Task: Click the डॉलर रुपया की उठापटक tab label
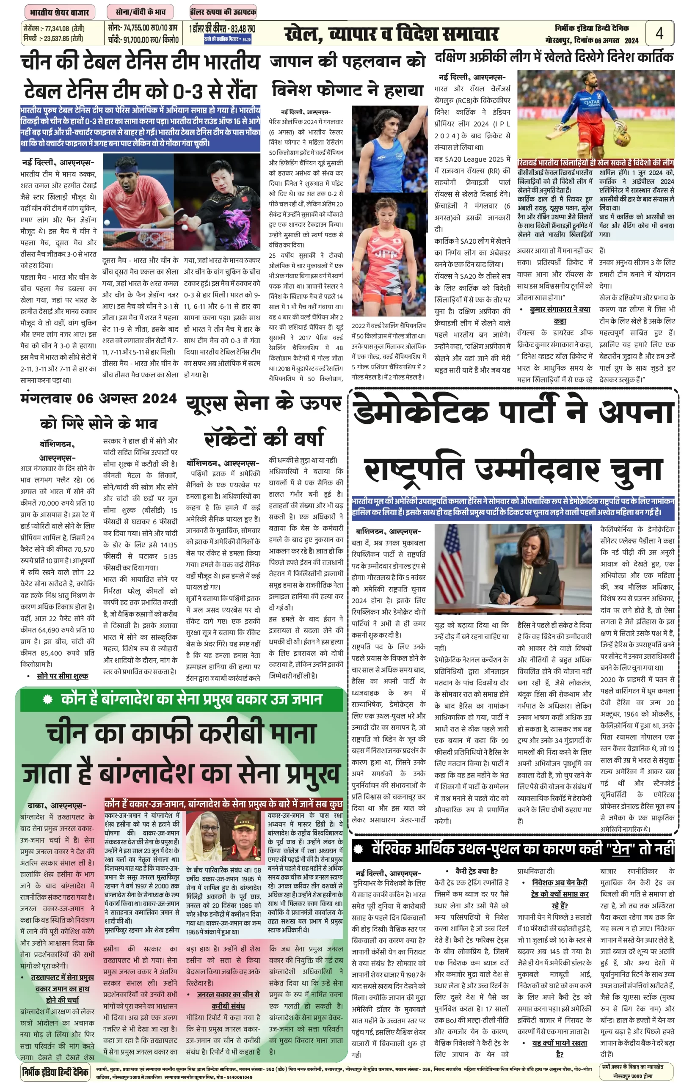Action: point(223,12)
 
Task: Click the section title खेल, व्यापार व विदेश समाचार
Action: point(391,34)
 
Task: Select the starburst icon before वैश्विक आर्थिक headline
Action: point(359,849)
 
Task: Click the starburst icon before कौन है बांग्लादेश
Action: point(48,700)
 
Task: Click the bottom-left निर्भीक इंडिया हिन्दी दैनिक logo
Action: point(55,1070)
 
